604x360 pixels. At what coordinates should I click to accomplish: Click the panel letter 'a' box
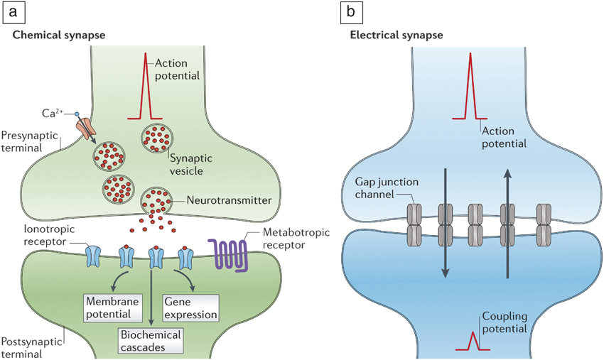[x=13, y=12]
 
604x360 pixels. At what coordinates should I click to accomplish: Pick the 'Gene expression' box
[x=190, y=306]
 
